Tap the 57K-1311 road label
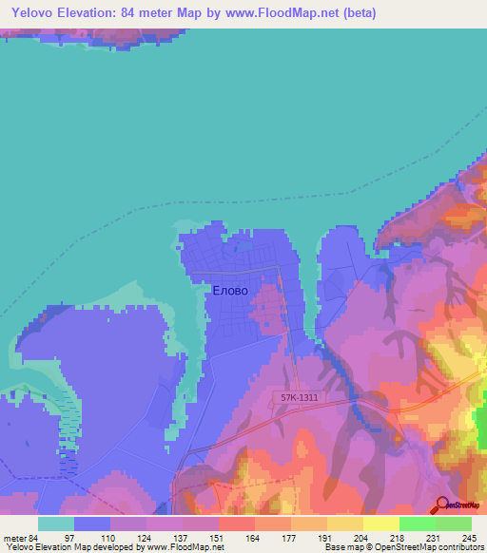tap(300, 399)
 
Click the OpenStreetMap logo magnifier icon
tap(443, 506)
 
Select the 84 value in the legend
tap(36, 539)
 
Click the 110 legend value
tap(110, 539)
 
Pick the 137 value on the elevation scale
tap(183, 539)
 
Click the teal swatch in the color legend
tap(56, 524)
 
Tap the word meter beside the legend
tap(13, 539)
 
